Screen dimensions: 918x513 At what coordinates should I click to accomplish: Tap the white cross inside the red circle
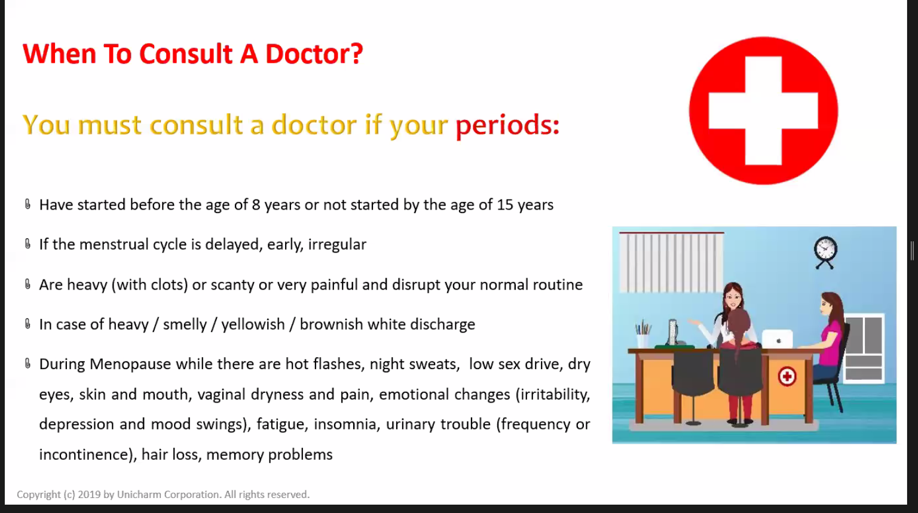click(x=763, y=110)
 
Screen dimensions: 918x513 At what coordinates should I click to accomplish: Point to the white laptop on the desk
click(x=777, y=339)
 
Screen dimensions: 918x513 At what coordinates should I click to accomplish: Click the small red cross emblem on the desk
click(x=787, y=376)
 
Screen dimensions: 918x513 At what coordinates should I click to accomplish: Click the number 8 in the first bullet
click(x=256, y=205)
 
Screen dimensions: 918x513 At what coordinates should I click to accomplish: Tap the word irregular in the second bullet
click(x=337, y=244)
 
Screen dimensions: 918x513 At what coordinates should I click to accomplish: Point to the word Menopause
click(x=130, y=364)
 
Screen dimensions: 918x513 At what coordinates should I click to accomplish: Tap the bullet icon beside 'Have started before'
click(x=27, y=204)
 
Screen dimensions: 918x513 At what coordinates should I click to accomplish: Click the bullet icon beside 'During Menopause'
click(x=27, y=363)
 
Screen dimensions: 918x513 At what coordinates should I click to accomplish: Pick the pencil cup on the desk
click(x=642, y=335)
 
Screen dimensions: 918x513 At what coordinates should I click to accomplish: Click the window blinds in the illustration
click(x=671, y=262)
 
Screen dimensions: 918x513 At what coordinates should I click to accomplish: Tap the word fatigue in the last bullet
click(x=281, y=425)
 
